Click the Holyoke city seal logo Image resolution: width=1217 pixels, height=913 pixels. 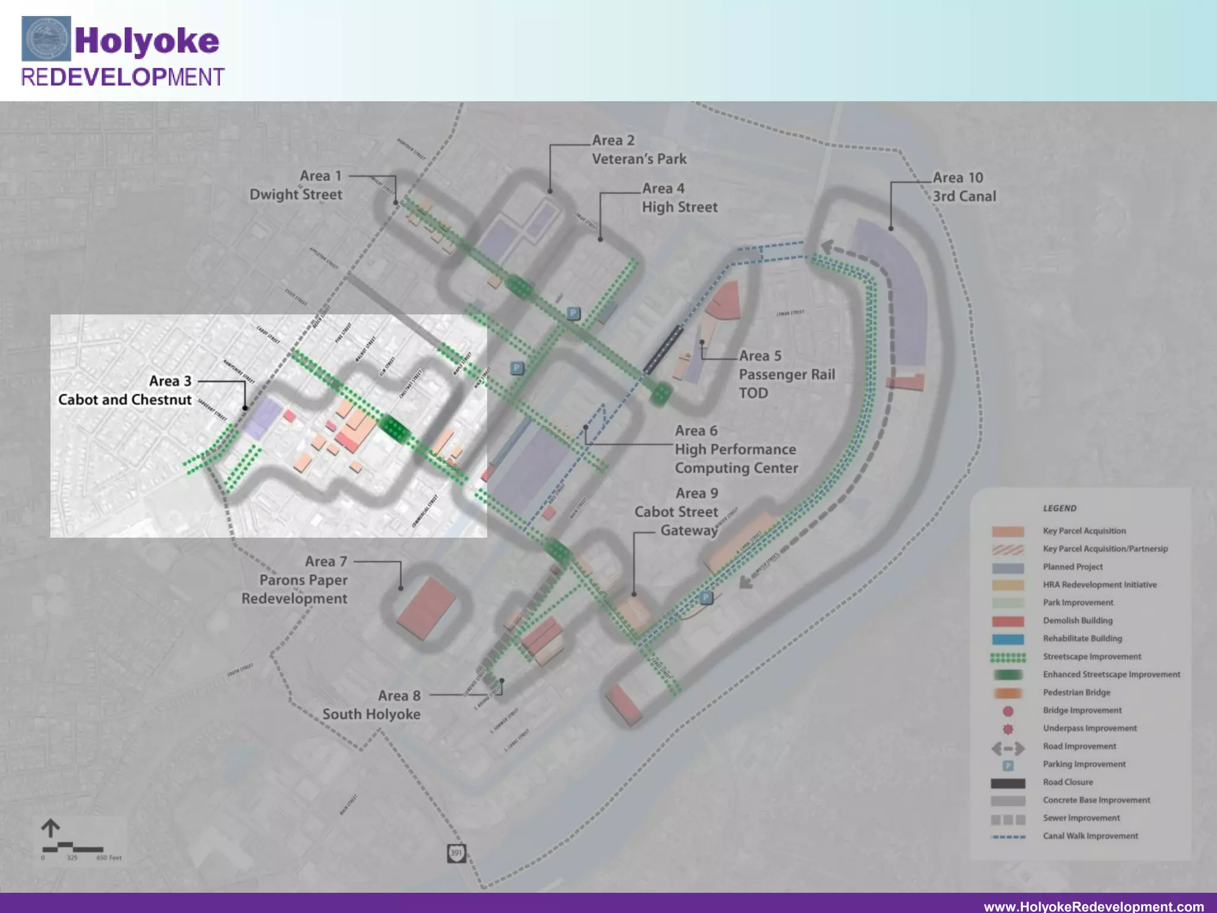(x=46, y=39)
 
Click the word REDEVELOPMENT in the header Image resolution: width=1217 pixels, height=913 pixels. (x=122, y=77)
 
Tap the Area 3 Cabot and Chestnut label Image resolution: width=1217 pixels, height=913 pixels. (x=125, y=391)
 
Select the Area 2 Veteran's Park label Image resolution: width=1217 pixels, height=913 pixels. (x=639, y=150)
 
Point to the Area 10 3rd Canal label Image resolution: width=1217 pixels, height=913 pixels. (x=964, y=187)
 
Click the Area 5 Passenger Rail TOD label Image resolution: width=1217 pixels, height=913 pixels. (x=786, y=374)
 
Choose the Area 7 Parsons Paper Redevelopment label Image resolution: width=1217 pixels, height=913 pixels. (x=295, y=580)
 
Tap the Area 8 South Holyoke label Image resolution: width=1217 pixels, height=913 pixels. (x=371, y=705)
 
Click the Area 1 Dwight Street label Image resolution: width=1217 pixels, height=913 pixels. (x=296, y=185)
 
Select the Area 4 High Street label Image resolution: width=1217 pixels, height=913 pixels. (x=679, y=198)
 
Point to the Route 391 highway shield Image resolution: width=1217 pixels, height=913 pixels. (x=456, y=853)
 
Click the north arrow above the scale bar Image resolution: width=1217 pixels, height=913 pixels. (x=51, y=828)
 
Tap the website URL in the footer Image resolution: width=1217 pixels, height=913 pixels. (x=1093, y=906)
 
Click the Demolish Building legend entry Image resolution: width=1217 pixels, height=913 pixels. (x=1077, y=621)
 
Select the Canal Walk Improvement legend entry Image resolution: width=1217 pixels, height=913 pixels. (x=1090, y=836)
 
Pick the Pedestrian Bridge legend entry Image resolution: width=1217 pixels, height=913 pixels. (x=1076, y=692)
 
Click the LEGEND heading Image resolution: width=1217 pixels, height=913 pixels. (x=1060, y=508)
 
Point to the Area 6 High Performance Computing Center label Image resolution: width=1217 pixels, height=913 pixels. (x=736, y=449)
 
